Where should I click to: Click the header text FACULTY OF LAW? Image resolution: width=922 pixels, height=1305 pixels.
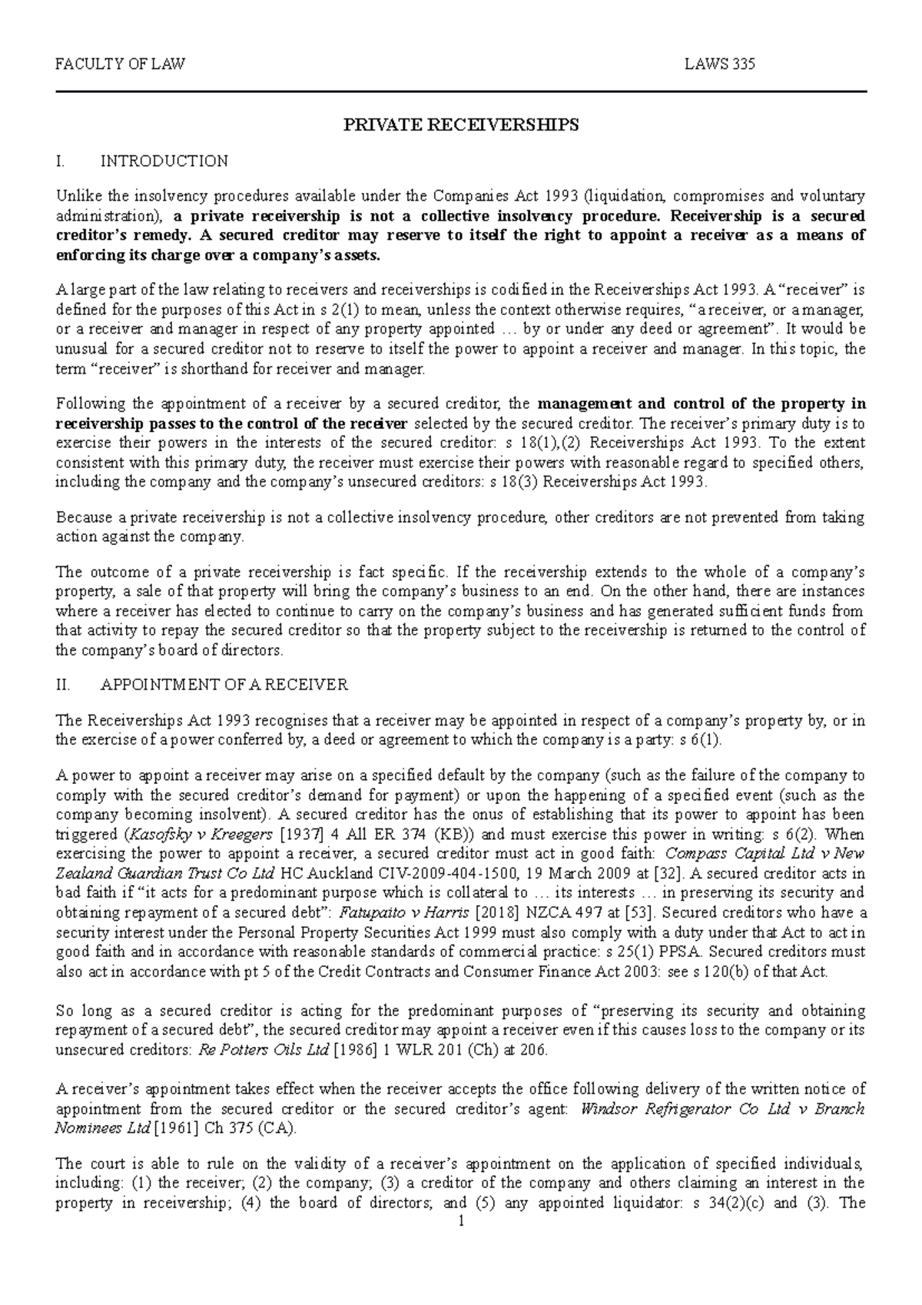point(120,65)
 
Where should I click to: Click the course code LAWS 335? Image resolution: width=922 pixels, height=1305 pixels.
point(719,65)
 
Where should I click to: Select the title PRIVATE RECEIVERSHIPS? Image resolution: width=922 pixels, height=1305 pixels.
point(460,125)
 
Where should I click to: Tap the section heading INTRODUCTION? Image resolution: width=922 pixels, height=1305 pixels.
point(164,161)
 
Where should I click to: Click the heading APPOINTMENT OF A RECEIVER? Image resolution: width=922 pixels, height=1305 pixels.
point(224,684)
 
